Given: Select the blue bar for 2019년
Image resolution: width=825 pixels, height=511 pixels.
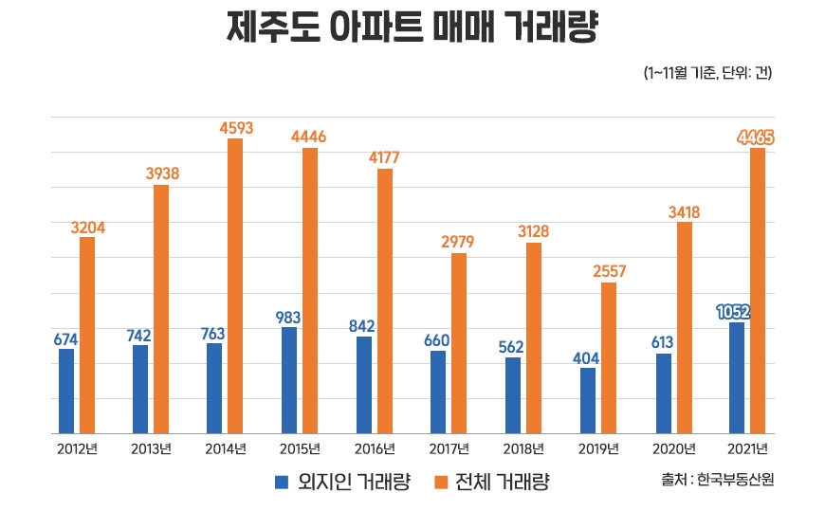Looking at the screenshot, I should coord(587,400).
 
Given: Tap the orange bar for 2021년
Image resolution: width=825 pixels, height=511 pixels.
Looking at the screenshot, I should coord(757,290).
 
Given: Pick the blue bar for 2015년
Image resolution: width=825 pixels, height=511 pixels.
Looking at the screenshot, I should coord(289,380).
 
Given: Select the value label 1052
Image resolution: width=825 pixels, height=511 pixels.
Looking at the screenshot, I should coord(736,311).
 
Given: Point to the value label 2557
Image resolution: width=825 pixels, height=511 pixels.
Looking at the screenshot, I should coord(608,271).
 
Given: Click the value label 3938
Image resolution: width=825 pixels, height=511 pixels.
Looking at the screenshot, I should coord(161,173).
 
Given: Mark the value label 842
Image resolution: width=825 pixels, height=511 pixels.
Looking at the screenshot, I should coord(363,325).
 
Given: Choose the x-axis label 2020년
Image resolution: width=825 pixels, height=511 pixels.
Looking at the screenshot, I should coord(672,448).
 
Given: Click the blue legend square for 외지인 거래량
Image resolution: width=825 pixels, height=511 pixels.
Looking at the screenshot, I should coord(282,483).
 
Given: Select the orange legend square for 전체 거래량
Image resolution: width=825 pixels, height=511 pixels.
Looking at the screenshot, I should coord(439,483).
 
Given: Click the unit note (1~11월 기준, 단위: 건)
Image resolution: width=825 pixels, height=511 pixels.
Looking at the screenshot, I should coord(707,73).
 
